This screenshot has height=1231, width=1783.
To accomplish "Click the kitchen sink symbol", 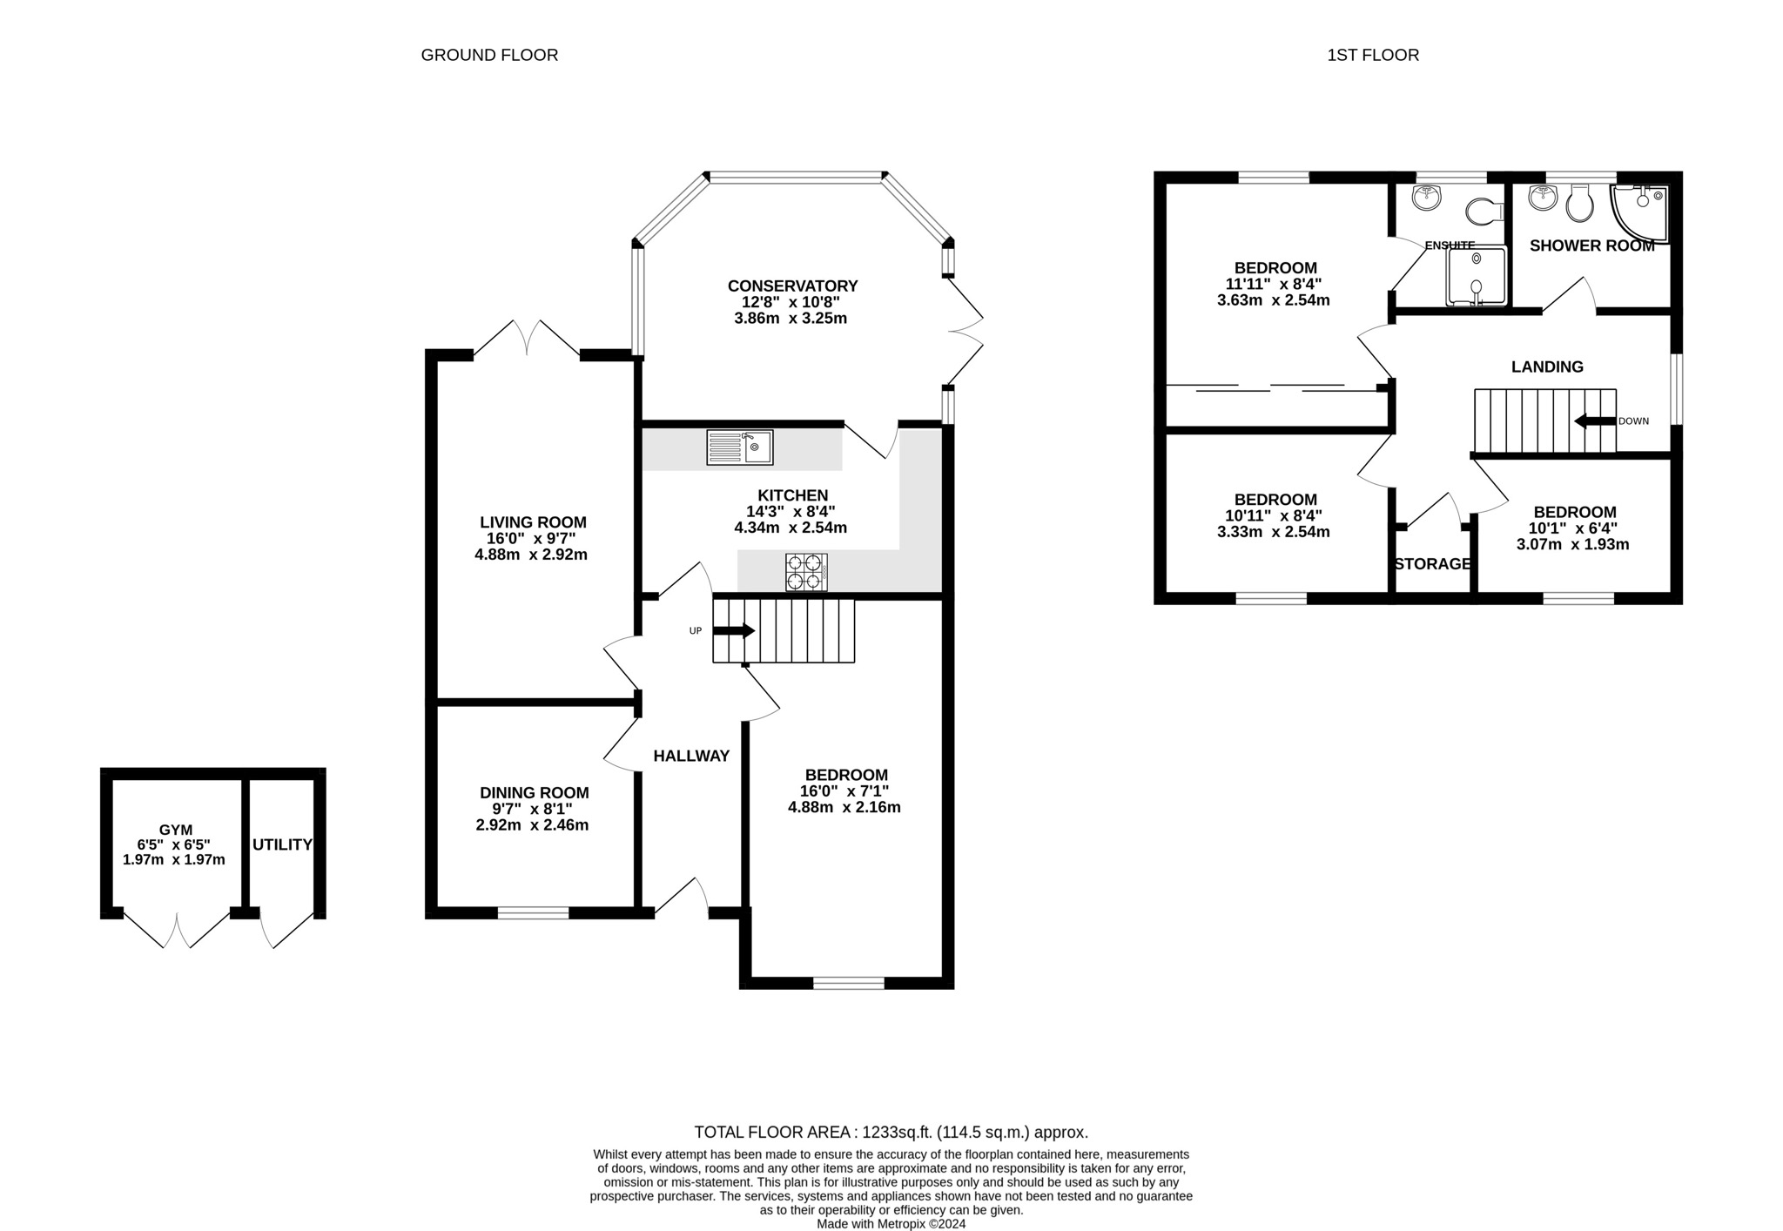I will tap(739, 447).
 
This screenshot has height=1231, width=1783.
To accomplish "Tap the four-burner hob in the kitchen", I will tap(805, 573).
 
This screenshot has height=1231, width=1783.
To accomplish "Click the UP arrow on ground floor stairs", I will tap(735, 631).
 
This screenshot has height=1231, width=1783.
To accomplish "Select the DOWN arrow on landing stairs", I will tap(1592, 421).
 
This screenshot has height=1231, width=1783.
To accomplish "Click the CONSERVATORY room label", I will tap(792, 286).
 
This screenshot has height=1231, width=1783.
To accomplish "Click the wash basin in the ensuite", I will tap(1426, 198).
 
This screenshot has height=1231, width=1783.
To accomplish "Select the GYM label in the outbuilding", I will tap(175, 830).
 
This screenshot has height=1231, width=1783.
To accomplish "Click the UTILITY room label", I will tap(282, 844).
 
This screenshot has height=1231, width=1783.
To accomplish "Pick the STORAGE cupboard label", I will tap(1432, 564).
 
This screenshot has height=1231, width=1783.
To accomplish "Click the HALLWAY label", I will tap(691, 756).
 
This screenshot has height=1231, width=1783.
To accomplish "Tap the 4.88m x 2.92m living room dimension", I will tap(531, 555).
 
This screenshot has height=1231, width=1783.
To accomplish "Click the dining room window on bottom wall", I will tap(533, 912).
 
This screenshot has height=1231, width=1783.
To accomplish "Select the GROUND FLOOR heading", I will tap(489, 55).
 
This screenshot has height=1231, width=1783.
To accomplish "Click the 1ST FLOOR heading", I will tap(1372, 55).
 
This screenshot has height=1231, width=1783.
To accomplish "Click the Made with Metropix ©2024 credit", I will tap(891, 1223).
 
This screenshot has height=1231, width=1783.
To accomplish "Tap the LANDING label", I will tap(1546, 367).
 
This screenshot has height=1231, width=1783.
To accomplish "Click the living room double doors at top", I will tap(527, 341).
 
